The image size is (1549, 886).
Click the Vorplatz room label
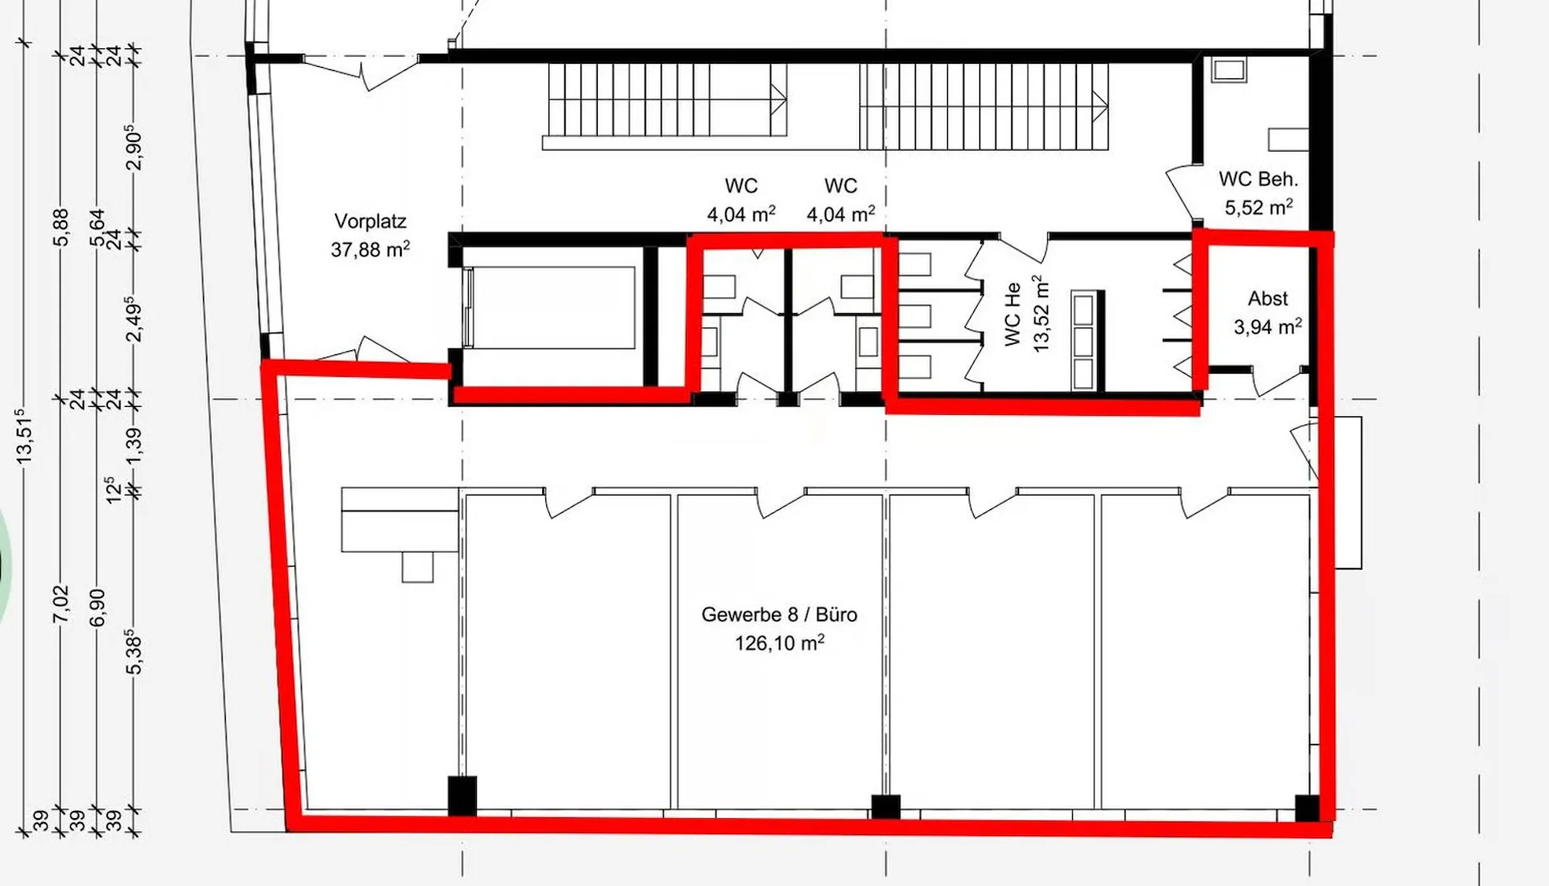pyautogui.click(x=370, y=221)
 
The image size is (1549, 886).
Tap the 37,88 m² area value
pyautogui.click(x=370, y=249)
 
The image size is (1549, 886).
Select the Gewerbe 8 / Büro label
pyautogui.click(x=779, y=615)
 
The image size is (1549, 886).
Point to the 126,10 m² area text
pyautogui.click(x=779, y=643)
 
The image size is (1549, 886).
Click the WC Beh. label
pyautogui.click(x=1259, y=179)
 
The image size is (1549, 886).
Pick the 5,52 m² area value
pyautogui.click(x=1259, y=207)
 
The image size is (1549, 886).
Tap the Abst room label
pyautogui.click(x=1268, y=299)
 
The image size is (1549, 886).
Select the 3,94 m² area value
pyautogui.click(x=1267, y=327)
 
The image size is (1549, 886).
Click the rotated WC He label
pyautogui.click(x=1013, y=315)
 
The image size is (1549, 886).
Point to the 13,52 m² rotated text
pyautogui.click(x=1042, y=313)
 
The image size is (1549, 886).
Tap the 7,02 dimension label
pyautogui.click(x=61, y=604)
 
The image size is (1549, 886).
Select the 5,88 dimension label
pyautogui.click(x=61, y=228)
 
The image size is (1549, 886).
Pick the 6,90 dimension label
pyautogui.click(x=97, y=608)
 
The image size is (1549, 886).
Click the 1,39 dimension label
pyautogui.click(x=134, y=445)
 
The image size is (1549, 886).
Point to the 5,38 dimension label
pyautogui.click(x=134, y=652)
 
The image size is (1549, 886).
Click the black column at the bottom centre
pyautogui.click(x=886, y=807)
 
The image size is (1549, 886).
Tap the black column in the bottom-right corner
pyautogui.click(x=1308, y=808)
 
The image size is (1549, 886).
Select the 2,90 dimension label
pyautogui.click(x=134, y=148)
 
